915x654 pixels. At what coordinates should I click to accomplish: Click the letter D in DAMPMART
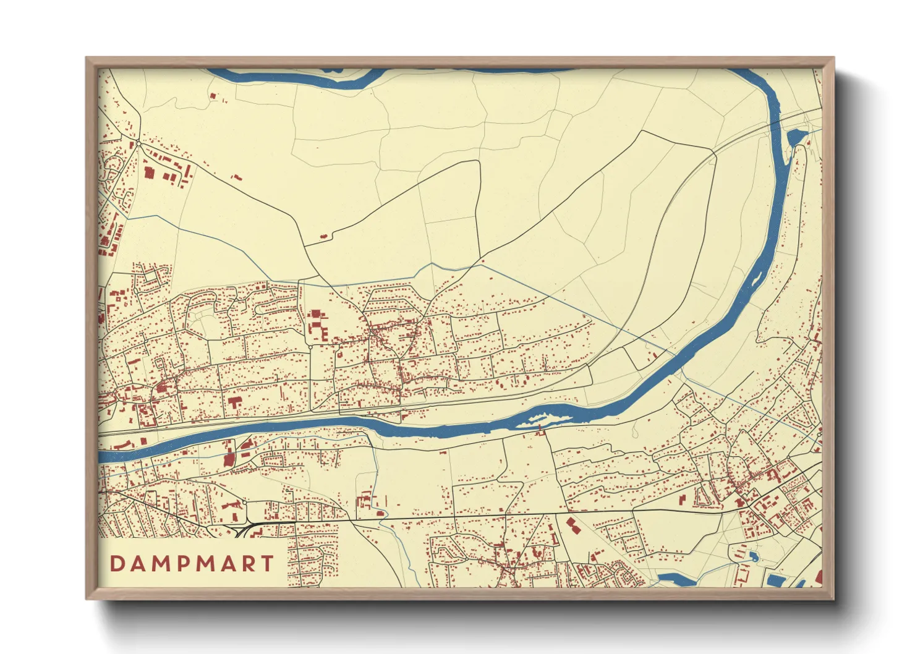[x=116, y=564]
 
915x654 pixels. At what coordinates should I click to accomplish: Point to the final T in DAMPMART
[x=268, y=564]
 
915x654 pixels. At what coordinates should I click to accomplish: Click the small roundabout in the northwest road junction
[x=138, y=143]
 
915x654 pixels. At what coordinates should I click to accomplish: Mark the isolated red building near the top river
[x=214, y=96]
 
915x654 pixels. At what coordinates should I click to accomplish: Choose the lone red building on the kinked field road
[x=323, y=236]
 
